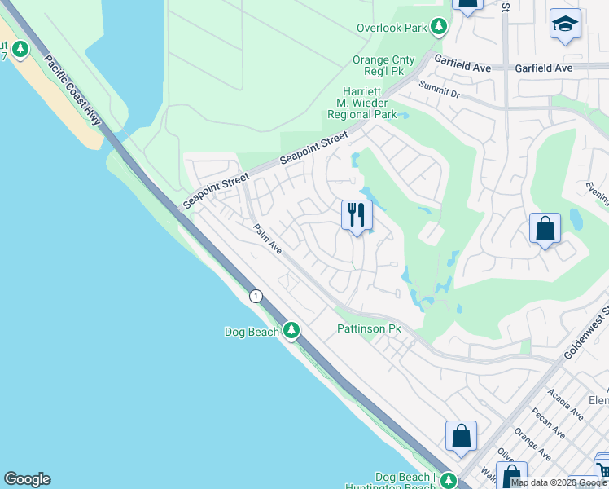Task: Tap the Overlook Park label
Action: coord(392,28)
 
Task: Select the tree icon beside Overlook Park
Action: coord(440,28)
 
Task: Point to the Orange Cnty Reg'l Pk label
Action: coord(383,66)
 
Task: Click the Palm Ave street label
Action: coord(266,240)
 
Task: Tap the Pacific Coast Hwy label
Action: coord(72,90)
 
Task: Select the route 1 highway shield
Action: coord(256,296)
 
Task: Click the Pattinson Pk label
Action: coord(370,329)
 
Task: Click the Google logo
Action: coord(27,479)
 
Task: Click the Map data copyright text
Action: coord(558,483)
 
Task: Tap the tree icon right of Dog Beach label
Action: coord(291,331)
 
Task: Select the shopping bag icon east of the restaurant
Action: coord(545,229)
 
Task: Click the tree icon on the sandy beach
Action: coord(20,50)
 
